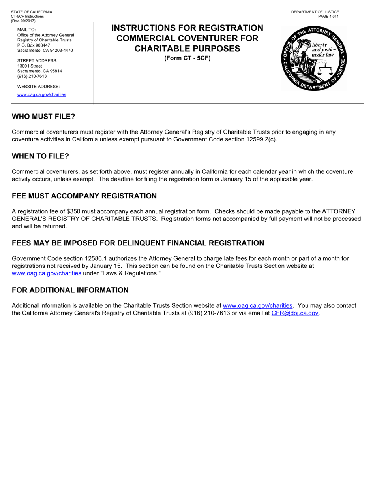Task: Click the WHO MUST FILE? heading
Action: click(x=43, y=117)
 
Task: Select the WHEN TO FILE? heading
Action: click(x=40, y=156)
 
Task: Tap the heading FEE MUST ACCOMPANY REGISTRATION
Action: click(x=84, y=196)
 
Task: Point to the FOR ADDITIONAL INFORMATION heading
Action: click(x=70, y=290)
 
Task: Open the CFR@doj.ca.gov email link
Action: click(x=295, y=313)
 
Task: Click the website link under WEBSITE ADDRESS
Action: click(x=41, y=95)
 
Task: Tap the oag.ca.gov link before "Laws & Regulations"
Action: click(x=47, y=273)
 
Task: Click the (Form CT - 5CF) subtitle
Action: click(x=187, y=58)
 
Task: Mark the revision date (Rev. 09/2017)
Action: click(x=23, y=21)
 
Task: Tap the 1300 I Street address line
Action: click(x=30, y=66)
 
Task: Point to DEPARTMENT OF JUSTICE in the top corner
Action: click(x=315, y=12)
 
